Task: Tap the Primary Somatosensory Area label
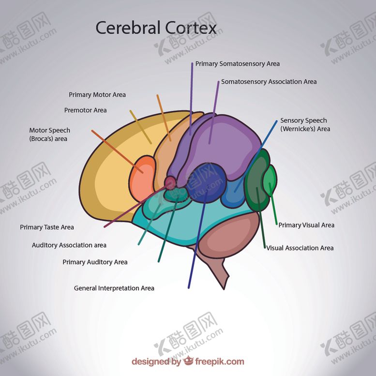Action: (x=237, y=64)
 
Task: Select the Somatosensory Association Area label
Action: (x=269, y=82)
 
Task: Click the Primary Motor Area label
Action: (x=97, y=95)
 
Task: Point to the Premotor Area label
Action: (x=85, y=110)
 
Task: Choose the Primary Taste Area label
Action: (x=46, y=227)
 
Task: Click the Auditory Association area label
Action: (x=69, y=245)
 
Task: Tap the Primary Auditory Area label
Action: (x=95, y=262)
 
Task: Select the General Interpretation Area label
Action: (x=114, y=288)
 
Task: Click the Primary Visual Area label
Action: (x=306, y=225)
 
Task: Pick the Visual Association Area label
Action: (x=300, y=248)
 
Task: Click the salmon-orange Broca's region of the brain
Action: (x=142, y=177)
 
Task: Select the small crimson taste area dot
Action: (x=170, y=182)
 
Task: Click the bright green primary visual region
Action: (x=270, y=180)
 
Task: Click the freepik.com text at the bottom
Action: (x=220, y=361)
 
